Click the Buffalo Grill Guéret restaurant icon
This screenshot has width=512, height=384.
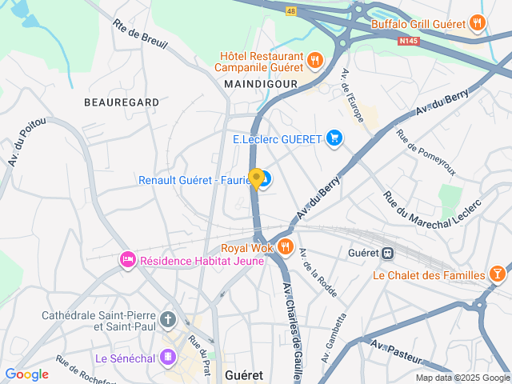(x=478, y=23)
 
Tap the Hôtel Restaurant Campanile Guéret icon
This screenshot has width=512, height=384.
(x=315, y=59)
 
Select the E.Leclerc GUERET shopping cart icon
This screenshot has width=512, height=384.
(x=334, y=139)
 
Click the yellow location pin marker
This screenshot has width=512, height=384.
(x=256, y=178)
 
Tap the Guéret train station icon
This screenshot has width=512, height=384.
(x=388, y=252)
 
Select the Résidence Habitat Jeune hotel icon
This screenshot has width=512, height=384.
(x=127, y=260)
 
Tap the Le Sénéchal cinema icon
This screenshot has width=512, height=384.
(x=168, y=357)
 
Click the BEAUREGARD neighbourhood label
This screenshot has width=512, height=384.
(x=121, y=102)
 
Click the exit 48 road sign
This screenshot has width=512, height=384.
(x=291, y=10)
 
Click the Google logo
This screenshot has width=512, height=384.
(x=26, y=374)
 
